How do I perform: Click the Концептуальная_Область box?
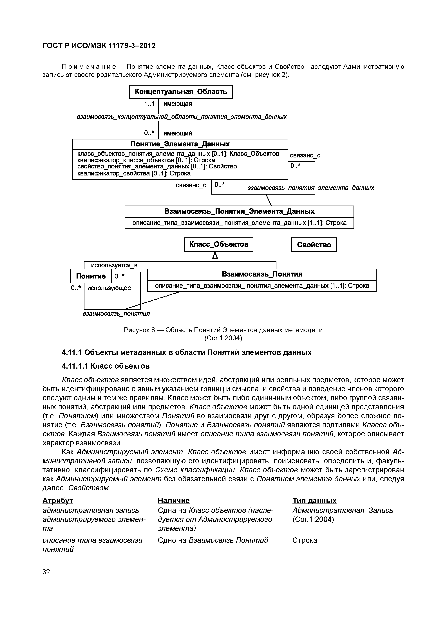pos(181,92)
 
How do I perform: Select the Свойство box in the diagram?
pos(314,244)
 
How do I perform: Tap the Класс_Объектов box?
pos(218,244)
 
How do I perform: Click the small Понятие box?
pos(91,276)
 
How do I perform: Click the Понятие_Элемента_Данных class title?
pos(180,144)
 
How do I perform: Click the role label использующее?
pos(109,288)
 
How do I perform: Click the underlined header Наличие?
pos(174,500)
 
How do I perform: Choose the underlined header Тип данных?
pos(314,500)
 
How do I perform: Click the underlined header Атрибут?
pos(58,500)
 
